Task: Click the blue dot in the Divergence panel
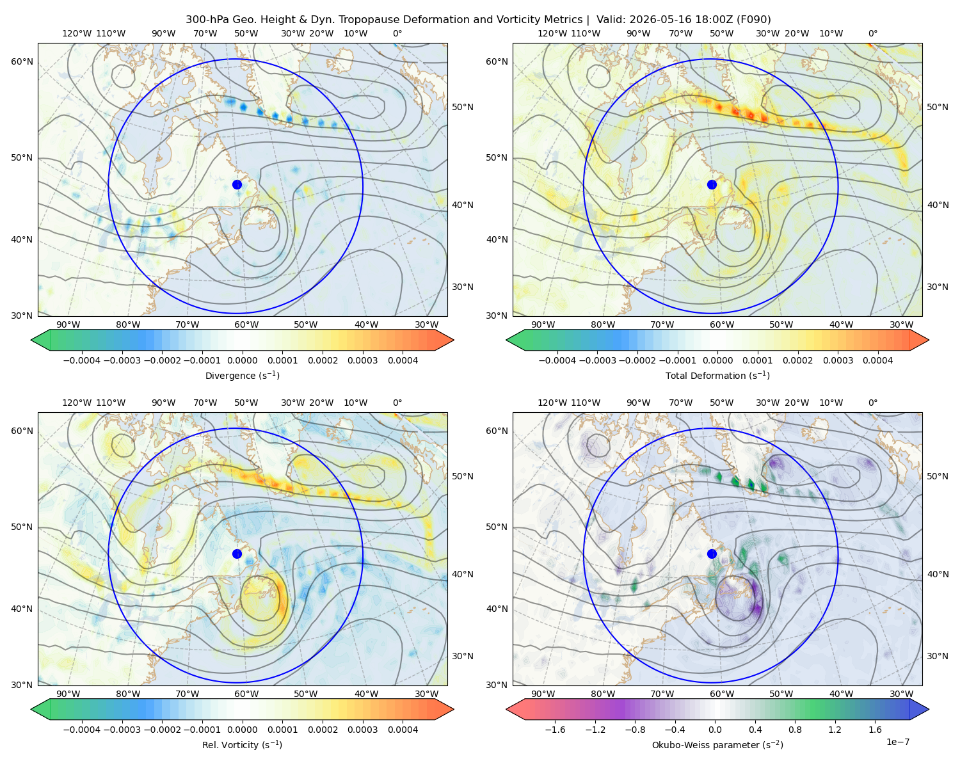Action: pyautogui.click(x=237, y=184)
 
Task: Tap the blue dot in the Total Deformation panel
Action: pyautogui.click(x=712, y=184)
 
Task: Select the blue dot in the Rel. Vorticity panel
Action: pyautogui.click(x=237, y=554)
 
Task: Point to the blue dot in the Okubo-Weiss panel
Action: pyautogui.click(x=712, y=554)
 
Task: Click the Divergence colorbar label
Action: pyautogui.click(x=242, y=375)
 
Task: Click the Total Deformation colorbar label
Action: pyautogui.click(x=717, y=375)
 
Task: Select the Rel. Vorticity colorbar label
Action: pyautogui.click(x=242, y=744)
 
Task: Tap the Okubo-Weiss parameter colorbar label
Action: pyautogui.click(x=717, y=744)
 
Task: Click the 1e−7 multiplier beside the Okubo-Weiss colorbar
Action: pyautogui.click(x=897, y=742)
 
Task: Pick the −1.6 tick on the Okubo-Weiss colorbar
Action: pyautogui.click(x=555, y=729)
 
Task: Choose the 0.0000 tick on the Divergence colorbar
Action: pyautogui.click(x=242, y=360)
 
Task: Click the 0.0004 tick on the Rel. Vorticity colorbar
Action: pyautogui.click(x=403, y=729)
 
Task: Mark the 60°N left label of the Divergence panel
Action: pyautogui.click(x=22, y=61)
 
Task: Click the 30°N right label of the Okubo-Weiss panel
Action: pyautogui.click(x=938, y=655)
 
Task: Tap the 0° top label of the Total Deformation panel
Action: pyautogui.click(x=872, y=33)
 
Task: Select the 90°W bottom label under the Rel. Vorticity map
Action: pyautogui.click(x=68, y=694)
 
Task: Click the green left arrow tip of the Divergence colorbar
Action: pyautogui.click(x=31, y=340)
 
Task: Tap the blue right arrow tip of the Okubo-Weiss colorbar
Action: pyautogui.click(x=929, y=709)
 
